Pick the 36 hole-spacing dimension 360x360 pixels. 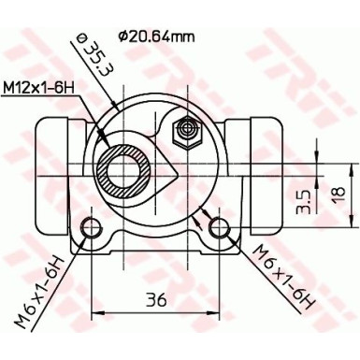point(157,300)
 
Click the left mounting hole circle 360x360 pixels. point(92,226)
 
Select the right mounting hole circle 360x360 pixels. point(221,226)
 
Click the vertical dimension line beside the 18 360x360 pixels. point(319,194)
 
